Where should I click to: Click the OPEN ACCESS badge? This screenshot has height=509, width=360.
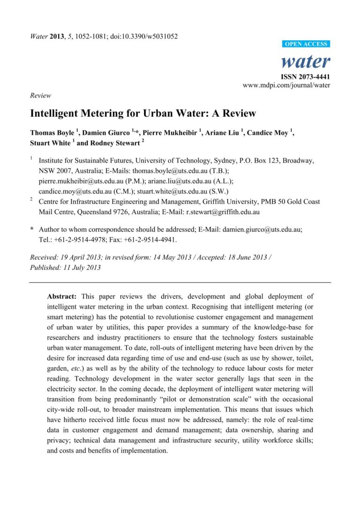point(307,44)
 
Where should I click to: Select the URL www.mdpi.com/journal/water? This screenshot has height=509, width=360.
point(286,85)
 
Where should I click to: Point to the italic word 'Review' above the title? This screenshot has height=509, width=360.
point(40,95)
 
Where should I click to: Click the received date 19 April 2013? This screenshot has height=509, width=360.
point(81,257)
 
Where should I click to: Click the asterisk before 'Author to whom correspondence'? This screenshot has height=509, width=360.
point(31,230)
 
